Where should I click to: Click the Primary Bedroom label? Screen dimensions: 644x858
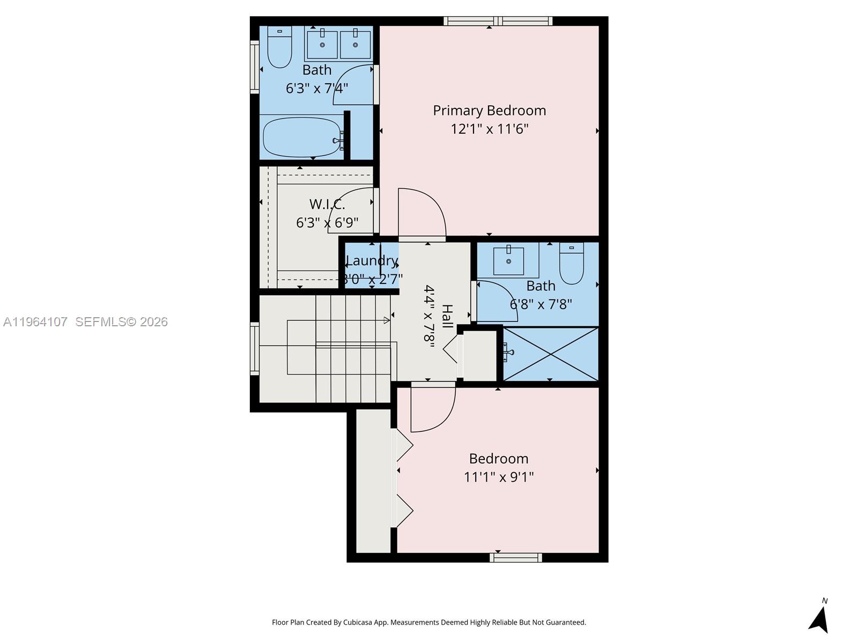[489, 111]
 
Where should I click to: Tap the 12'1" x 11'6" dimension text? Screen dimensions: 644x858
[489, 129]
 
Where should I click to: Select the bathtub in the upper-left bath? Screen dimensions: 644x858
[302, 137]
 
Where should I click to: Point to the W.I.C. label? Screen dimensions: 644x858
[327, 204]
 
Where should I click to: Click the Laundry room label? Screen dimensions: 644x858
[372, 261]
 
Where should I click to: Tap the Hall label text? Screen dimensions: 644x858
[447, 317]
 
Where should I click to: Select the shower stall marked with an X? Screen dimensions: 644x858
[550, 354]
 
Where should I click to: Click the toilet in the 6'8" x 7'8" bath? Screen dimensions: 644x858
[572, 264]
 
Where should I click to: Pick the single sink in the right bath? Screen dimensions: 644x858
[508, 261]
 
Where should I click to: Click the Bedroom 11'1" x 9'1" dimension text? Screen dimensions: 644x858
[499, 477]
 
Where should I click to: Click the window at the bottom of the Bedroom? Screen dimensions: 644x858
[515, 558]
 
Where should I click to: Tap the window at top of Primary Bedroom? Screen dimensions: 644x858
[498, 21]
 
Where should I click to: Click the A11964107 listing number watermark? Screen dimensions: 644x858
[35, 322]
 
